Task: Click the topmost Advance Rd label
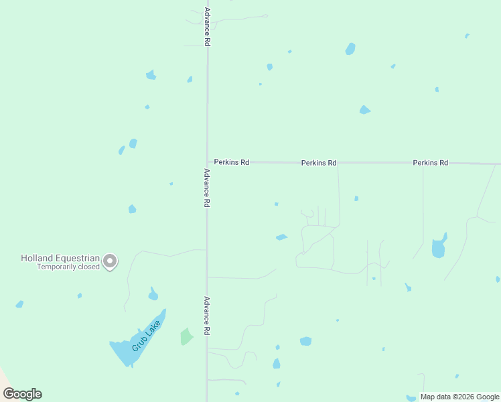(208, 27)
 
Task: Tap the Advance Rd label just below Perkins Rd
(208, 188)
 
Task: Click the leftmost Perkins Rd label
(232, 162)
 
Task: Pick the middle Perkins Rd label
(319, 163)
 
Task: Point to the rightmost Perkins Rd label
(430, 163)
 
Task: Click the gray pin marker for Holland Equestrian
(111, 261)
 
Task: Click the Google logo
(22, 394)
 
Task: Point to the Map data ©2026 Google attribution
(459, 397)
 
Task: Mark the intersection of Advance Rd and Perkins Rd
(208, 162)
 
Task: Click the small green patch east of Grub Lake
(186, 336)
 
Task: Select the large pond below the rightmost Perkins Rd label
(439, 247)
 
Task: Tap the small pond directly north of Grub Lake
(153, 294)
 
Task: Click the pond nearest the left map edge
(19, 304)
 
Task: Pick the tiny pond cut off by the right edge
(498, 279)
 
